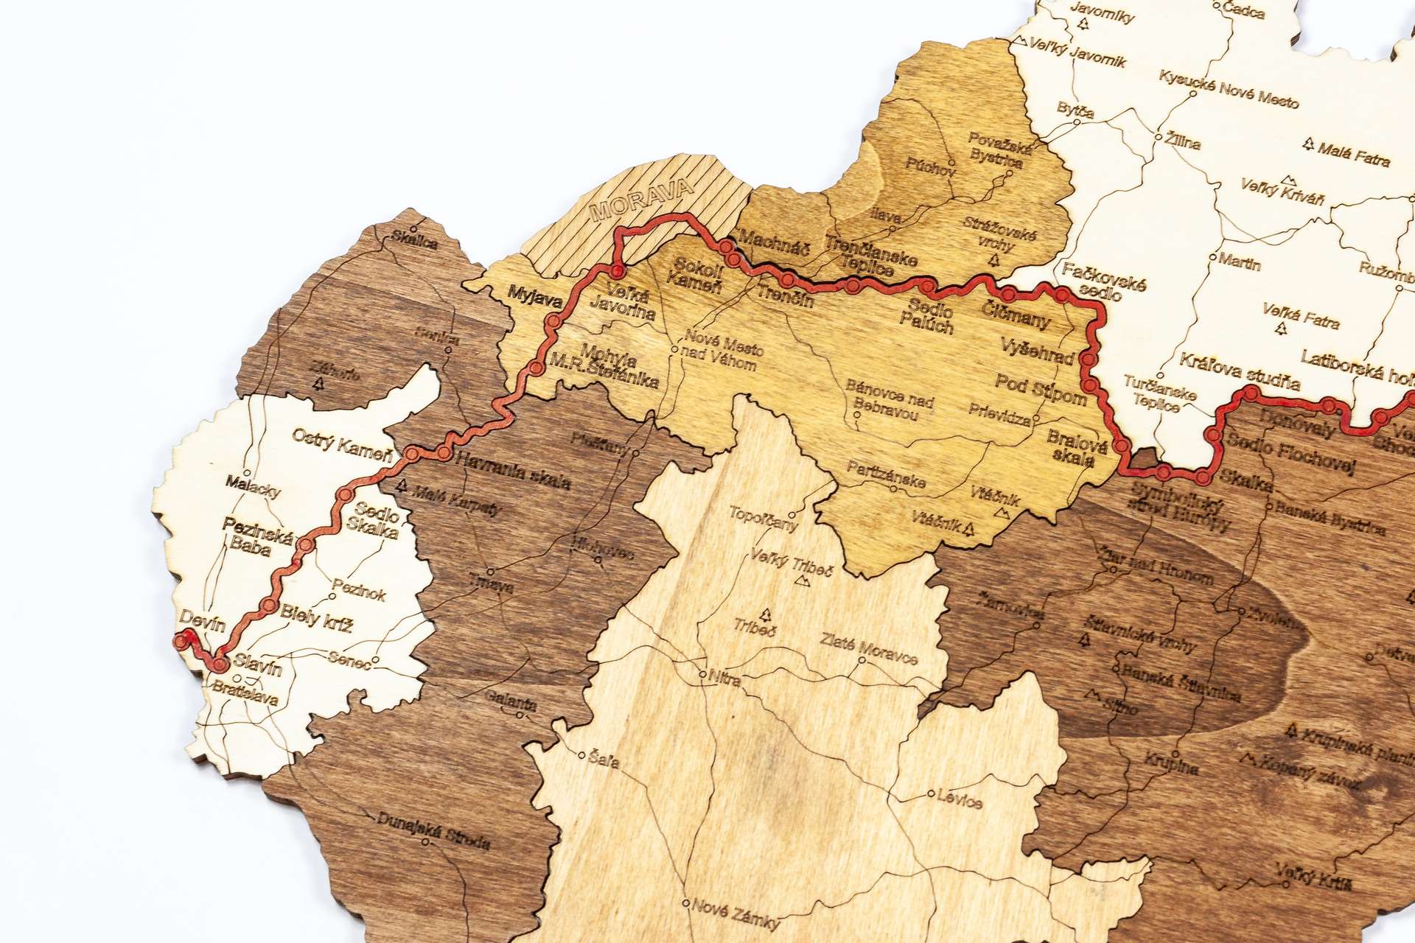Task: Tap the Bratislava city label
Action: (x=244, y=693)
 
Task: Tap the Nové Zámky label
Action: (x=736, y=914)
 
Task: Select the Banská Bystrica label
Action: (x=1330, y=518)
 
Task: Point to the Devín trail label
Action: (x=202, y=624)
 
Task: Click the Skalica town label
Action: (x=415, y=241)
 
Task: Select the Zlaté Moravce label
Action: (x=869, y=650)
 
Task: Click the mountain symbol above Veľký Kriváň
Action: (x=1288, y=179)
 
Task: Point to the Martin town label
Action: (x=1240, y=262)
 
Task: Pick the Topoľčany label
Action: (x=764, y=519)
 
